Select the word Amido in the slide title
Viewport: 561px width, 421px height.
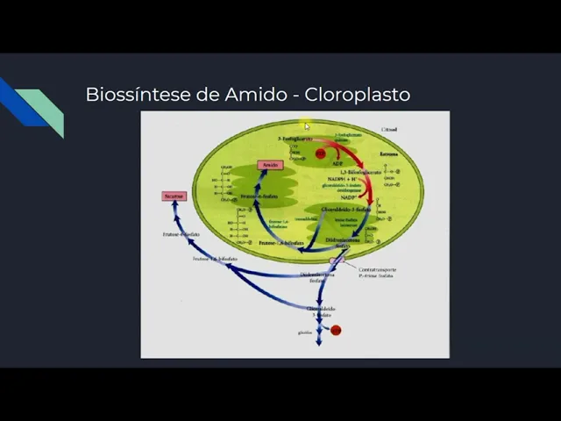click(257, 94)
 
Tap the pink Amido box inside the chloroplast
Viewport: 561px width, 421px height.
click(269, 165)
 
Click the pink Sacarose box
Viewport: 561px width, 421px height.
click(174, 196)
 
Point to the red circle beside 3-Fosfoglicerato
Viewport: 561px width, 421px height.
click(320, 153)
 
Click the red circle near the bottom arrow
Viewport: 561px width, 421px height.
click(336, 331)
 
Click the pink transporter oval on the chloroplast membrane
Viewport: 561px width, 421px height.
click(334, 260)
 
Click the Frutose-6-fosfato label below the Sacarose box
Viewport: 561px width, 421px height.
click(181, 234)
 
